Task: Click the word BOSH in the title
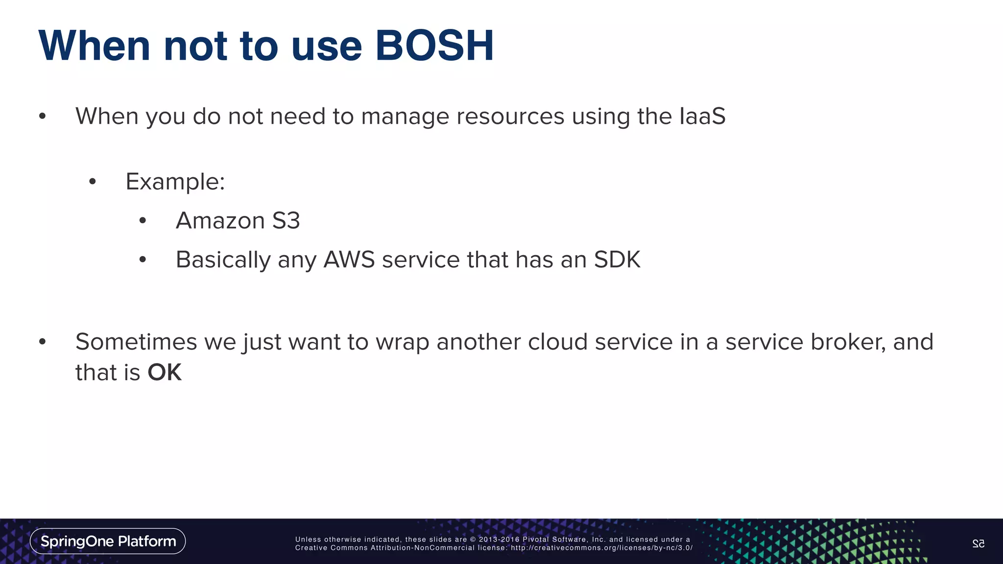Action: tap(434, 46)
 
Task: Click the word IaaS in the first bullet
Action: tap(702, 117)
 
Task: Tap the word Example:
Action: tap(175, 182)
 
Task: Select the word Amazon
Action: tap(220, 221)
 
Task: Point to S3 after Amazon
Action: tap(286, 221)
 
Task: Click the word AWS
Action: tap(349, 260)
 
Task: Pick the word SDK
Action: tap(617, 260)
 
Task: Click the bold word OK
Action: tap(165, 373)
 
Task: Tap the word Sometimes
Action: tap(136, 342)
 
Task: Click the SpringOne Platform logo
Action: tap(108, 541)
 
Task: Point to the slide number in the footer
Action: tap(978, 543)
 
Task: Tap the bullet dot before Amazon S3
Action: tap(143, 221)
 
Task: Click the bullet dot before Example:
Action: tap(93, 182)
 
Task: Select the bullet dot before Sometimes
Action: tap(43, 342)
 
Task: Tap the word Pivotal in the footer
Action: tap(536, 540)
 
